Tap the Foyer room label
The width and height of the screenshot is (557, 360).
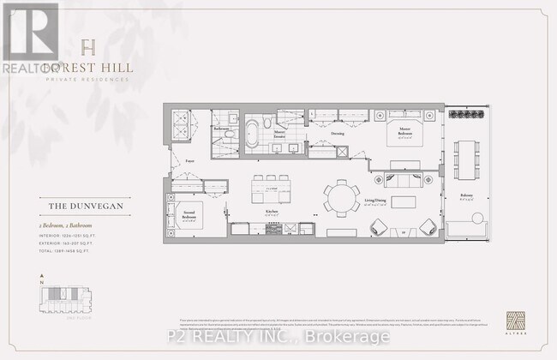point(189,160)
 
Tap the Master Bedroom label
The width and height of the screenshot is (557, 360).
point(404,133)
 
